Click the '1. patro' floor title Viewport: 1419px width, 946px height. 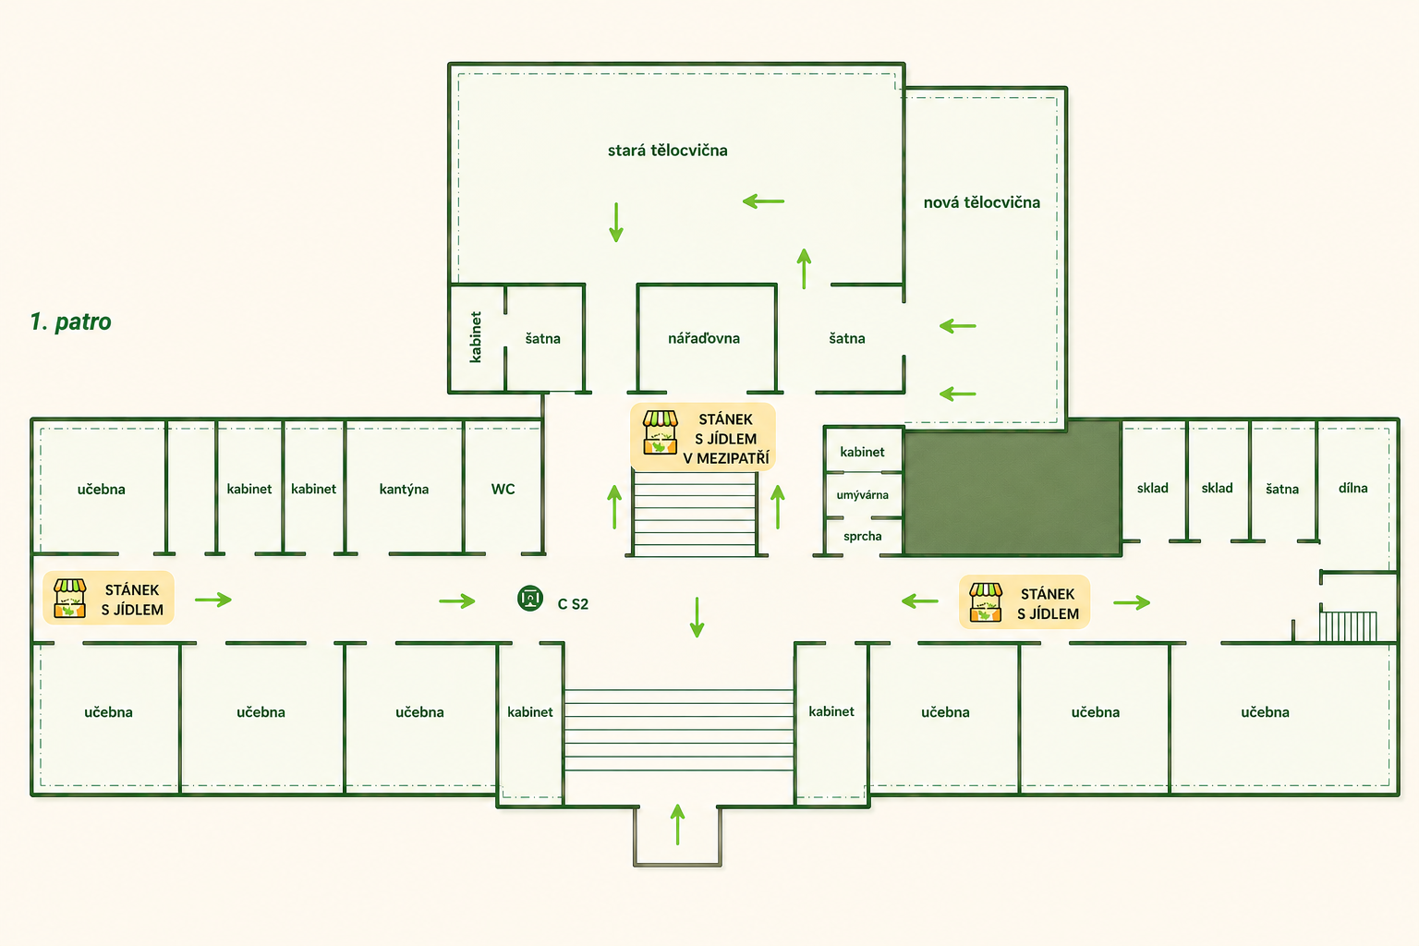tap(70, 321)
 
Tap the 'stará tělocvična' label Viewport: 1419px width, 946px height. tap(668, 151)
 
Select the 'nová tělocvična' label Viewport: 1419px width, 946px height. tap(981, 202)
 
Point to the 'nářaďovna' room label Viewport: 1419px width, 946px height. tap(704, 338)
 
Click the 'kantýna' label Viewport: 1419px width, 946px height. tap(404, 489)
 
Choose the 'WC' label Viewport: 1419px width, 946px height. tap(503, 489)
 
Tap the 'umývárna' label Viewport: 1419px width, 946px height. tap(862, 495)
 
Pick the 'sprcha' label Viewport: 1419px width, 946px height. tap(862, 536)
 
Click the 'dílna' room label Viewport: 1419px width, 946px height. tap(1352, 488)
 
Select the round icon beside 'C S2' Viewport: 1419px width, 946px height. tap(530, 598)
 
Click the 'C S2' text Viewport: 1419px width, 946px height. tap(573, 604)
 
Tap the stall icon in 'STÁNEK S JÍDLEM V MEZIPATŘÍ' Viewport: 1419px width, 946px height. tap(661, 432)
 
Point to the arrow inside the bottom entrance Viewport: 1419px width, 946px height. tap(678, 824)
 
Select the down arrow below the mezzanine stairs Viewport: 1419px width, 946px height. tap(697, 617)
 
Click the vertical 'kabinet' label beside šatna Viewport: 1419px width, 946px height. tap(475, 337)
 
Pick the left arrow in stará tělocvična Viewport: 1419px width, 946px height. tap(763, 201)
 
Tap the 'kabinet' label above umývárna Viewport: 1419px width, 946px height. tap(862, 452)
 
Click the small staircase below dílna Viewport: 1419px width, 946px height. tap(1348, 626)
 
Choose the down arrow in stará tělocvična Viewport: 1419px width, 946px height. tap(616, 223)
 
